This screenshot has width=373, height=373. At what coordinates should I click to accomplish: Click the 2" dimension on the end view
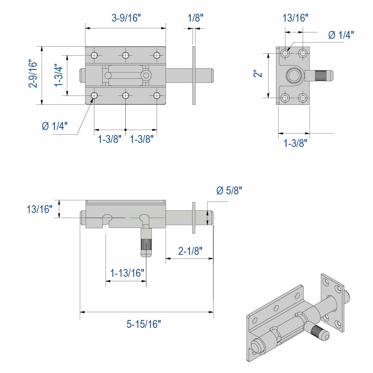tap(258, 75)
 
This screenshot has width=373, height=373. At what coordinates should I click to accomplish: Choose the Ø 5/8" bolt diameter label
tap(229, 191)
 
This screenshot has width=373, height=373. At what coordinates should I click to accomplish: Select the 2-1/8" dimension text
tap(190, 251)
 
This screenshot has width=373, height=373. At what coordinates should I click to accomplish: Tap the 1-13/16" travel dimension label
tap(127, 273)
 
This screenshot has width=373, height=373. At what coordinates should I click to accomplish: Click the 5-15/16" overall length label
tap(144, 324)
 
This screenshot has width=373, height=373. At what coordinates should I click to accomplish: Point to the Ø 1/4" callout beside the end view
tap(341, 35)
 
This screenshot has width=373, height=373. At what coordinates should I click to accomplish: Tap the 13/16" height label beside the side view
tap(40, 209)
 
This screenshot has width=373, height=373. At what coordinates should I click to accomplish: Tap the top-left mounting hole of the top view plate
tap(94, 56)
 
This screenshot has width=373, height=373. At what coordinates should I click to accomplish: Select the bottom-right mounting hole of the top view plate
tap(157, 96)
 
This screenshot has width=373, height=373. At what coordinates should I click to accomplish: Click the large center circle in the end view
tap(294, 76)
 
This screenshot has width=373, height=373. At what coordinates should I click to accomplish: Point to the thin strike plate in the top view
tap(194, 75)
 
